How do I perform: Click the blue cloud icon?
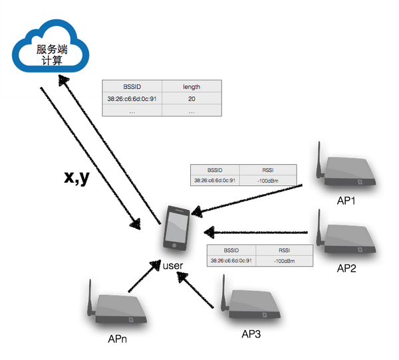coord(51,46)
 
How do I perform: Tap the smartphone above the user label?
coord(176,228)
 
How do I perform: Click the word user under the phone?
coord(173,266)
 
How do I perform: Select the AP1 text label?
coord(346,201)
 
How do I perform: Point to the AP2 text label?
coord(346,268)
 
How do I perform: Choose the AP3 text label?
coord(251,334)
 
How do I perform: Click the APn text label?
coord(117,339)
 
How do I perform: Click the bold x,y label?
coord(77,177)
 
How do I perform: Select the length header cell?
coord(192,87)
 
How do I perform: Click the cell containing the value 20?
coord(192,99)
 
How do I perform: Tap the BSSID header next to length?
coord(132,87)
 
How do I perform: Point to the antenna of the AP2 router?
coord(319,227)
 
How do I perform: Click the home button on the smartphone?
coord(174,246)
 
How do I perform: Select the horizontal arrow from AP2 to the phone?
coord(256,232)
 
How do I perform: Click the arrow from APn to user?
coord(144,276)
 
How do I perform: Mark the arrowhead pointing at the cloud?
coord(63,80)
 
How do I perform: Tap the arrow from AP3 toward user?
coord(195,290)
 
